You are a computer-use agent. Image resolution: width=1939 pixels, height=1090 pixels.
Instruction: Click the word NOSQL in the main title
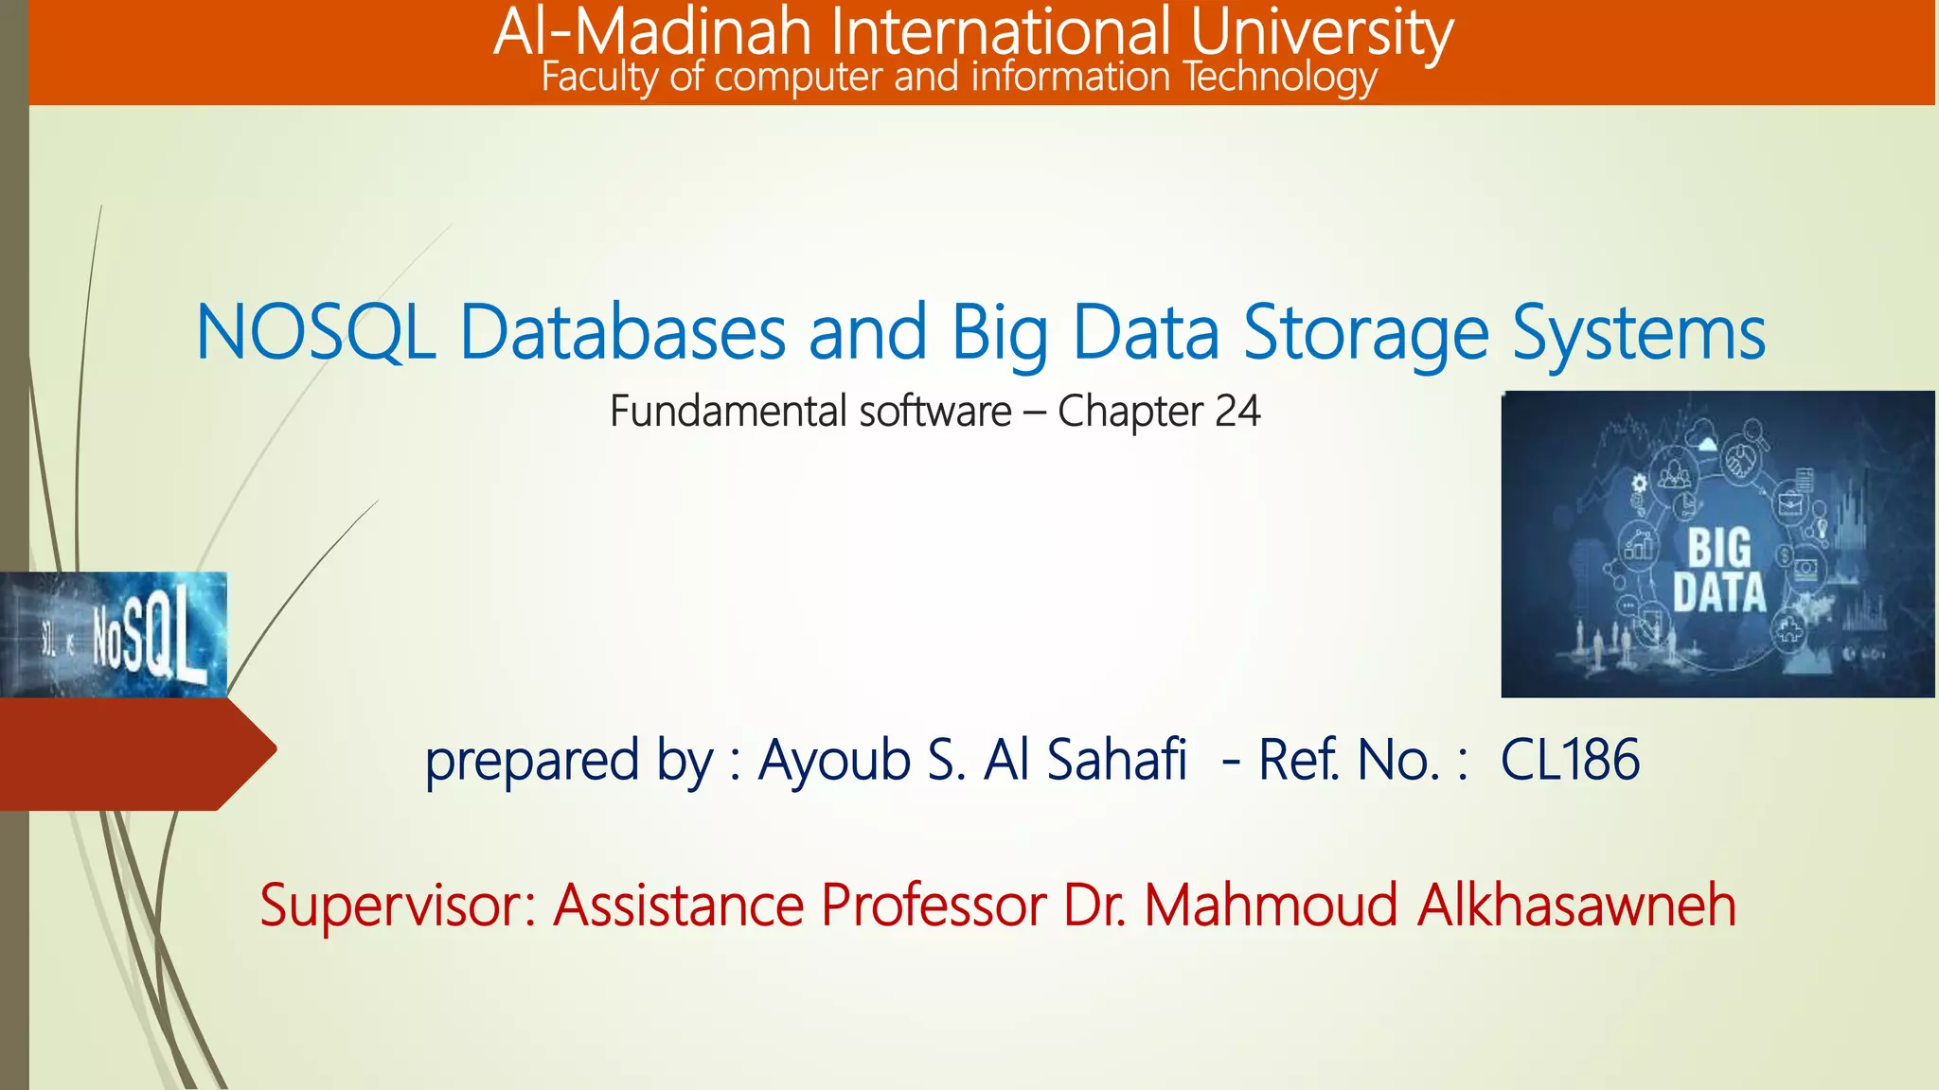[315, 332]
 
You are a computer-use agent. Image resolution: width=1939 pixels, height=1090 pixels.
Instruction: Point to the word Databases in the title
[622, 332]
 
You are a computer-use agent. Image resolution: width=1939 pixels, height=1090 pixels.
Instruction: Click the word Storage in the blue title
[1365, 334]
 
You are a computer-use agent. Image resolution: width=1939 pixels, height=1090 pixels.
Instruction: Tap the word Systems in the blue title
[1638, 334]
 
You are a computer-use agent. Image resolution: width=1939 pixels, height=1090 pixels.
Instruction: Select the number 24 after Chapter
[1237, 412]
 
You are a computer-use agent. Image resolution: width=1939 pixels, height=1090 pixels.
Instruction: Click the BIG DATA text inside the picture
[1718, 571]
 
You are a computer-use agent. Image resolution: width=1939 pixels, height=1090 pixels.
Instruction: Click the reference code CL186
[1570, 760]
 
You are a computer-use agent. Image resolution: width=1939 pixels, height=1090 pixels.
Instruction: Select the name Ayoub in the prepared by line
[834, 760]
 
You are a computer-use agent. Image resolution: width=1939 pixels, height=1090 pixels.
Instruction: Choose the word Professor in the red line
[933, 905]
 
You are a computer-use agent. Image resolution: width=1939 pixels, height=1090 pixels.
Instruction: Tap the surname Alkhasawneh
[1576, 905]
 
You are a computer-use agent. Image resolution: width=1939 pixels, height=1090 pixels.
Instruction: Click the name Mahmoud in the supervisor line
[1271, 905]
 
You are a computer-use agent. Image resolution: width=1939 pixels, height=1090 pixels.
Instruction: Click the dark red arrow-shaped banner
[133, 753]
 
